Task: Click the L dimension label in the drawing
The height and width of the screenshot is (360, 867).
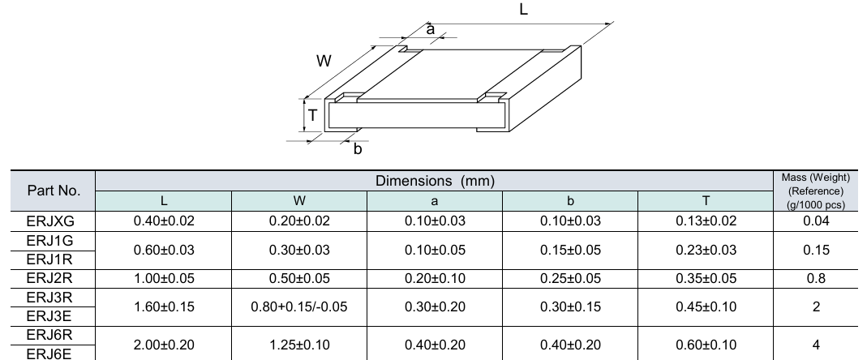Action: [x=523, y=10]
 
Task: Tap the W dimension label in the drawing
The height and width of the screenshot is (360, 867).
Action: [x=322, y=61]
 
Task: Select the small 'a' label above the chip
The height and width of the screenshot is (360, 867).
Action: [x=431, y=28]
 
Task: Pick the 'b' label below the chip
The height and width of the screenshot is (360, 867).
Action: [x=357, y=149]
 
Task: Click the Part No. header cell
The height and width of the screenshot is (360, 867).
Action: [x=54, y=192]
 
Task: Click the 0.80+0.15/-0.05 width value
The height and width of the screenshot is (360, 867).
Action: [x=298, y=307]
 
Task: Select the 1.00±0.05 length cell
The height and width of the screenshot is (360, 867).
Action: [x=163, y=279]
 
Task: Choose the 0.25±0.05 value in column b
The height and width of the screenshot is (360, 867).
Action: [x=570, y=279]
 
